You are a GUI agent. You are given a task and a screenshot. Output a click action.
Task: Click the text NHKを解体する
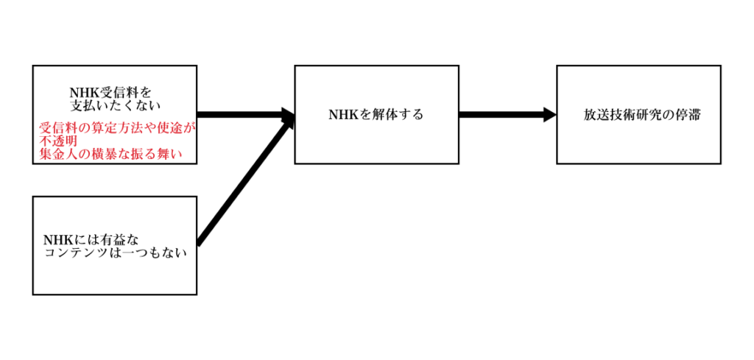[376, 114]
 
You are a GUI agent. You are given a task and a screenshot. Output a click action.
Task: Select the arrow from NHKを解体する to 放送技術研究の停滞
[501, 114]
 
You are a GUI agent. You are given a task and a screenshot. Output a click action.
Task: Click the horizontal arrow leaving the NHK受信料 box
[239, 114]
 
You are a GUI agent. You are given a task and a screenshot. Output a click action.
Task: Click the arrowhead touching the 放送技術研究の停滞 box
[549, 114]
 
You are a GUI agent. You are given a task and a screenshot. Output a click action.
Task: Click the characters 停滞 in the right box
[688, 115]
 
